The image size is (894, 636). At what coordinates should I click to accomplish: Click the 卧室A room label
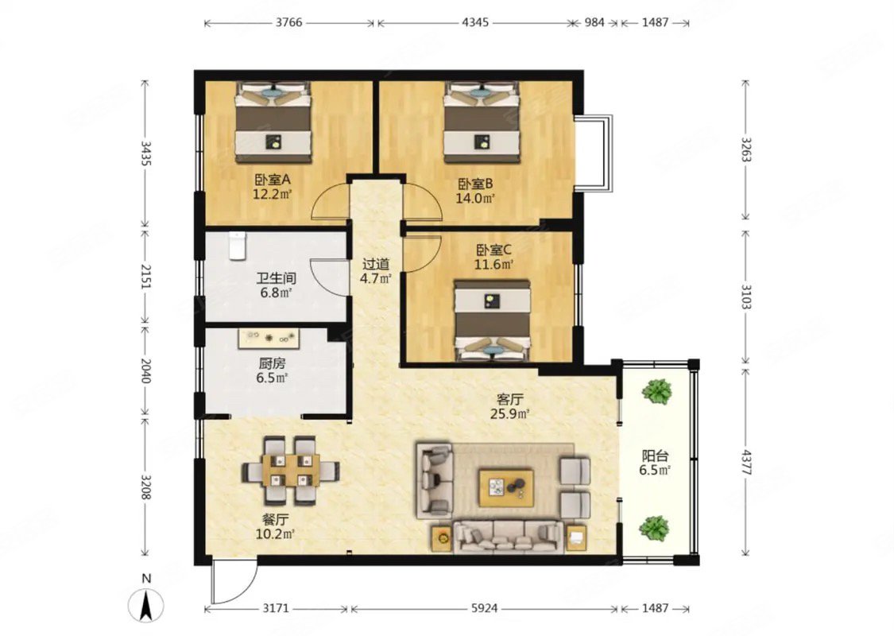pyautogui.click(x=273, y=180)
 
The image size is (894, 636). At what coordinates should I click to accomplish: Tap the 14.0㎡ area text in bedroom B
pyautogui.click(x=475, y=199)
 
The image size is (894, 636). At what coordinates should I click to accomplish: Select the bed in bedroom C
pyautogui.click(x=492, y=320)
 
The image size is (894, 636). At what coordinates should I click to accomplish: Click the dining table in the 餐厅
pyautogui.click(x=291, y=471)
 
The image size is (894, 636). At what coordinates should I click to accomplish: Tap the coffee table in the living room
pyautogui.click(x=506, y=487)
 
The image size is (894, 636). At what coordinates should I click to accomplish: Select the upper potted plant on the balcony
pyautogui.click(x=656, y=391)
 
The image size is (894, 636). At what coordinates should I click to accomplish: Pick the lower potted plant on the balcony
pyautogui.click(x=654, y=528)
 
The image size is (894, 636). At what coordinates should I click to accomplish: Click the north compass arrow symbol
pyautogui.click(x=146, y=606)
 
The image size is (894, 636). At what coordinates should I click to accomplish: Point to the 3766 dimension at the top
pyautogui.click(x=289, y=23)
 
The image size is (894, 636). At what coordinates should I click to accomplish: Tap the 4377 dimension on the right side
pyautogui.click(x=745, y=463)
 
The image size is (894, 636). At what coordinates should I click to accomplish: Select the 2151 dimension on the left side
pyautogui.click(x=146, y=276)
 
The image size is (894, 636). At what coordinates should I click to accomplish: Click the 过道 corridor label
pyautogui.click(x=377, y=264)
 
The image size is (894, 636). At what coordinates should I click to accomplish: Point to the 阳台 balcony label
pyautogui.click(x=655, y=456)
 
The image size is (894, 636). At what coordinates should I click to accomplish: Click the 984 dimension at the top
pyautogui.click(x=594, y=23)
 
